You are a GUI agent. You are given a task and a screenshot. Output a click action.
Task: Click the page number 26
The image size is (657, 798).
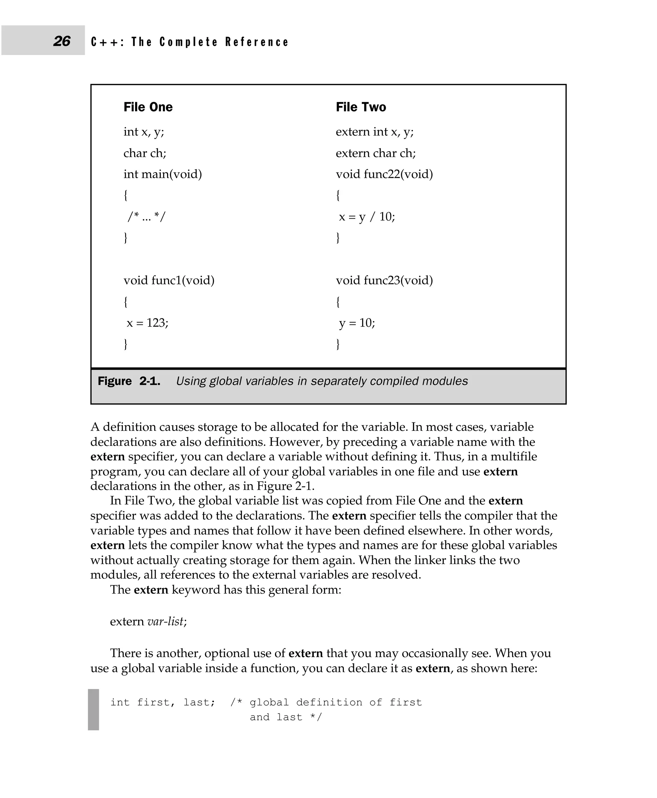(62, 41)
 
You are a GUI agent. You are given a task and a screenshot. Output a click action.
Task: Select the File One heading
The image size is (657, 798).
(148, 107)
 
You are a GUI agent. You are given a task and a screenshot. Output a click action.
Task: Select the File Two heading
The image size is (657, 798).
(361, 107)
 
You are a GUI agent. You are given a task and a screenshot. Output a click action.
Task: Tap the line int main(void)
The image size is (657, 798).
(162, 174)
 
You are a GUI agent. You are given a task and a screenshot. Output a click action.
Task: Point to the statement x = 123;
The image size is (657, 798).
(147, 323)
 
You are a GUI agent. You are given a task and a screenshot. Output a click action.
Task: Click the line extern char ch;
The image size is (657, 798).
(375, 153)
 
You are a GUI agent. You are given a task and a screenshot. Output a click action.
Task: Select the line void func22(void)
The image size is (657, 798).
(384, 174)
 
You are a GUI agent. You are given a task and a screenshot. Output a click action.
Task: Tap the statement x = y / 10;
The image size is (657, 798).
(367, 217)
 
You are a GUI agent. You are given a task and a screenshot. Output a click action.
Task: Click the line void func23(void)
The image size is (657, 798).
(384, 281)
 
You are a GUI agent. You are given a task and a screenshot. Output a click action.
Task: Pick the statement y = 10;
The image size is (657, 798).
(357, 323)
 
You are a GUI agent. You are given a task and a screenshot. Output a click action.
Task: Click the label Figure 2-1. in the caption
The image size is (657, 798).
(129, 381)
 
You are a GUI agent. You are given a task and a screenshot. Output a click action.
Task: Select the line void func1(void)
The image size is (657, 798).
(169, 281)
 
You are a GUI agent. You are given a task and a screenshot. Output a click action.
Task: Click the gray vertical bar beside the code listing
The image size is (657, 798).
(93, 709)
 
